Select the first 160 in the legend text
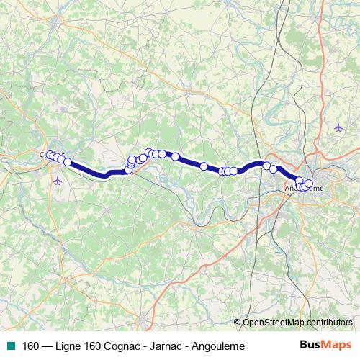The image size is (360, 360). [x=31, y=346]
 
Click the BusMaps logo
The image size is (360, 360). [x=325, y=346]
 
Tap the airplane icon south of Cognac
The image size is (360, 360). [x=58, y=180]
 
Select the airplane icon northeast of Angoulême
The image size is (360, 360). [x=338, y=127]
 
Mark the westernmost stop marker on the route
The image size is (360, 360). [x=49, y=155]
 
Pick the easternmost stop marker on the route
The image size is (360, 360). [x=310, y=183]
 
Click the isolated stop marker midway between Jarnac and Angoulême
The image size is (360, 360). [x=204, y=166]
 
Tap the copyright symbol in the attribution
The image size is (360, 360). [x=238, y=323]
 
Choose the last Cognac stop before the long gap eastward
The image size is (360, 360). [x=68, y=162]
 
